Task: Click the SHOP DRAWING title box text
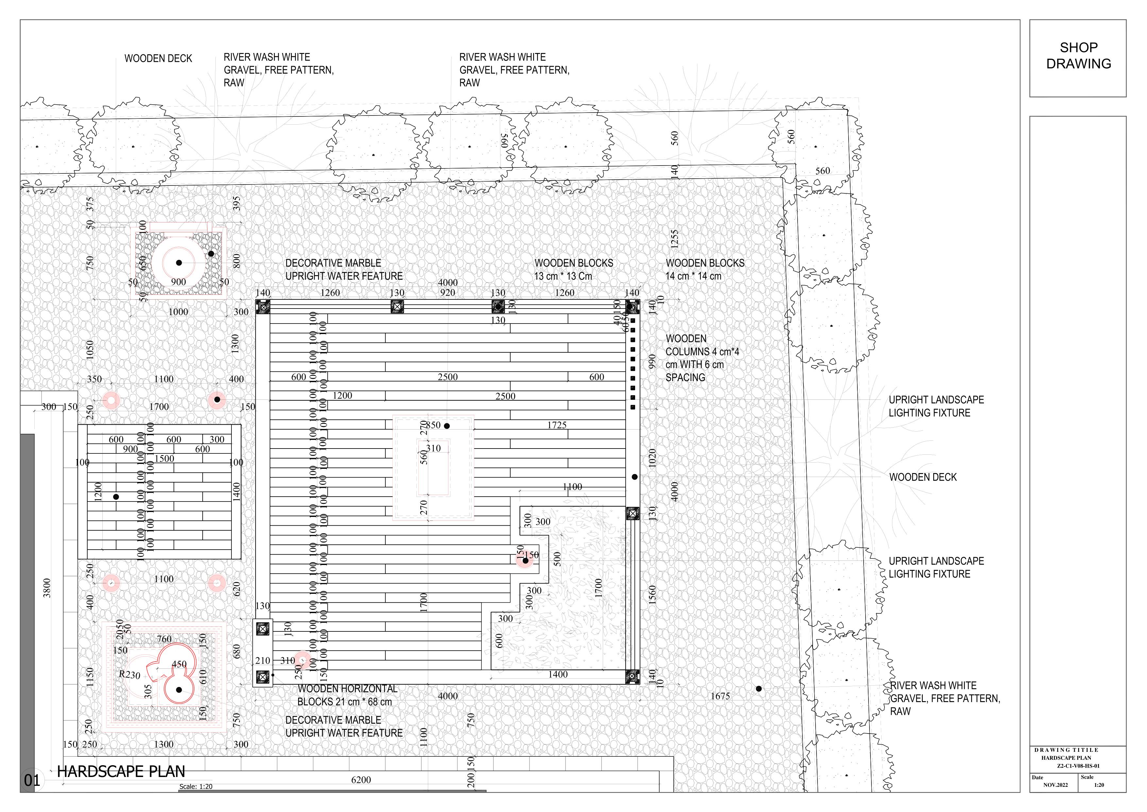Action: tap(1078, 56)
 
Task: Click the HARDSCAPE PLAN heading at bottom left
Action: tap(121, 771)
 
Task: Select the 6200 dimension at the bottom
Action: tap(361, 780)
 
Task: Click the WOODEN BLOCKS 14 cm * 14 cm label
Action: tap(704, 270)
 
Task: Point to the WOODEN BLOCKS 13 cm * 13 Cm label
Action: tap(573, 270)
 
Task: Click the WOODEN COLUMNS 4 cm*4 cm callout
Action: tap(701, 358)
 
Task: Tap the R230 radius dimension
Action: tap(129, 675)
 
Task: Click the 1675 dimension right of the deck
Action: tap(720, 696)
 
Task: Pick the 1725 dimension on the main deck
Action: tap(557, 425)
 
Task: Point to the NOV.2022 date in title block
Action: tap(1055, 785)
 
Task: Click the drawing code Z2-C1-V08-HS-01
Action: tap(1078, 766)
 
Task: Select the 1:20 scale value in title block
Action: tap(1099, 785)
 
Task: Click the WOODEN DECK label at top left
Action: tap(158, 59)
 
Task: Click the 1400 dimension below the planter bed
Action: tap(558, 675)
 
